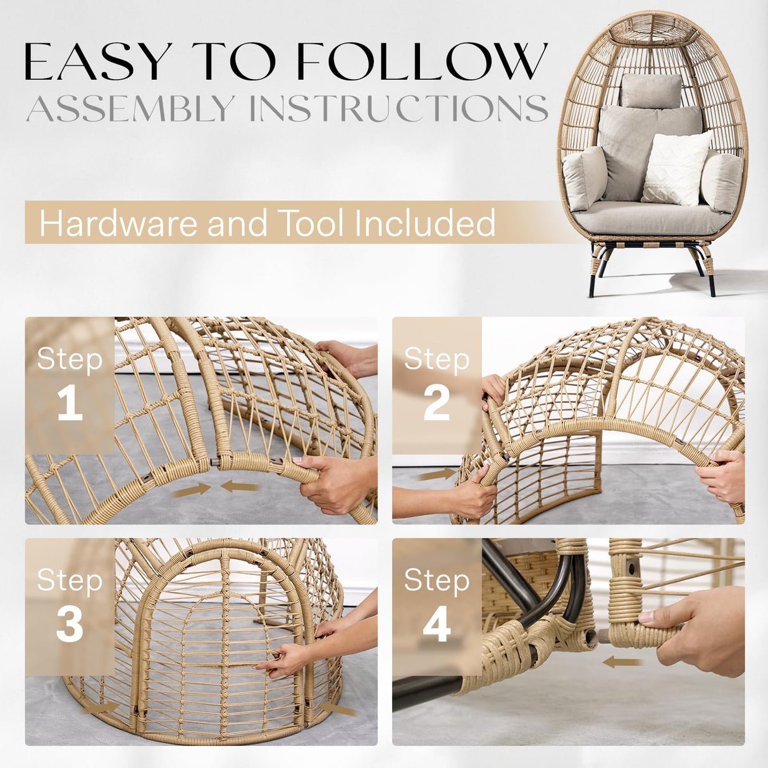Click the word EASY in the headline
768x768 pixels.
97,62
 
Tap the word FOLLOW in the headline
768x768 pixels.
421,62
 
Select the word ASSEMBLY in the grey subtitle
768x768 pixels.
130,109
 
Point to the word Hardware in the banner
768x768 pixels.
118,223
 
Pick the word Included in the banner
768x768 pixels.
424,223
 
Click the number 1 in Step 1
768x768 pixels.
70,404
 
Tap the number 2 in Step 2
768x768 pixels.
437,404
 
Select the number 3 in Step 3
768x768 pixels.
70,625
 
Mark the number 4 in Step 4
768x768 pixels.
437,625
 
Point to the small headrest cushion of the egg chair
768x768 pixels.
650,90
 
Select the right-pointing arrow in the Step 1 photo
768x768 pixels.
192,489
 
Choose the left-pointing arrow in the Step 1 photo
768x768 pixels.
240,486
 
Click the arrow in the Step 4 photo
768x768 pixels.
622,662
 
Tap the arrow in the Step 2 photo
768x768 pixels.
437,474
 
